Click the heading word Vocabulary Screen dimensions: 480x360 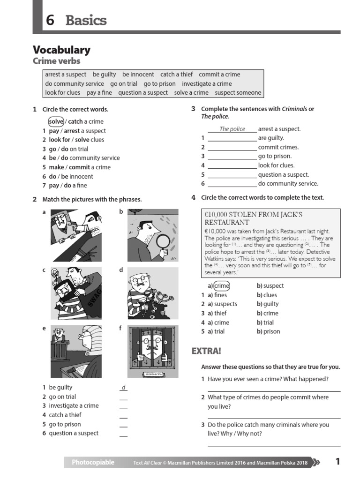pos(61,50)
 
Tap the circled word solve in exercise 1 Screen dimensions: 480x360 pos(56,121)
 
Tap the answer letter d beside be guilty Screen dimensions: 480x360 pos(123,388)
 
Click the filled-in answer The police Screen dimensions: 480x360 pos(232,129)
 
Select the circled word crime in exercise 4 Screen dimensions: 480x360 pos(222,286)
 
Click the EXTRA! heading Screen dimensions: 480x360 pos(206,351)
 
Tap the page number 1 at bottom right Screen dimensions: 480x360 pos(337,462)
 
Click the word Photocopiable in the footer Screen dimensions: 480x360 pos(93,463)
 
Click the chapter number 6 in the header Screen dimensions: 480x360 pos(50,21)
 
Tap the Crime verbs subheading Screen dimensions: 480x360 pos(56,61)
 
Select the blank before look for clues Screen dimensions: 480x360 pos(232,165)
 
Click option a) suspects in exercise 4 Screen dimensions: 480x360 pos(222,304)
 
